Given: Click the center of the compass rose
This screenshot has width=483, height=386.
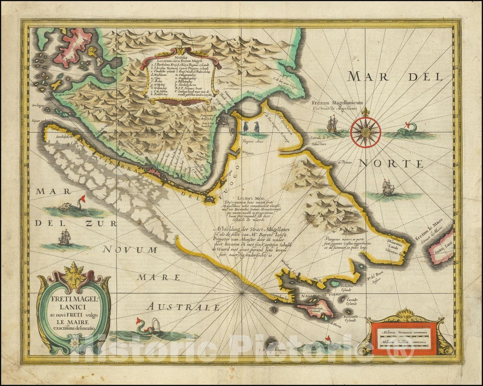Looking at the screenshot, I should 365,131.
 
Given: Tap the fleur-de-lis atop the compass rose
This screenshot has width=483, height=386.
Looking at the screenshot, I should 365,112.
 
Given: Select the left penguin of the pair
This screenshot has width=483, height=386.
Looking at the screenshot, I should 246,127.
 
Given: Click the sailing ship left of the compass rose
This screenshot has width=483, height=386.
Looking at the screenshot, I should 332,124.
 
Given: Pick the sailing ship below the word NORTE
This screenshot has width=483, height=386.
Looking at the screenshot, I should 387,188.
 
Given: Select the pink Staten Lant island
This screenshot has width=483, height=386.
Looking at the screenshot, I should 440,247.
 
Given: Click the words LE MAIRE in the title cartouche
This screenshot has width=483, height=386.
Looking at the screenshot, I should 72,321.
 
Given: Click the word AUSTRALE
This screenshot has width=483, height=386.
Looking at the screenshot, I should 184,307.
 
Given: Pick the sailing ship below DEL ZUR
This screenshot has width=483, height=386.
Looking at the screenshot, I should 65,237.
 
